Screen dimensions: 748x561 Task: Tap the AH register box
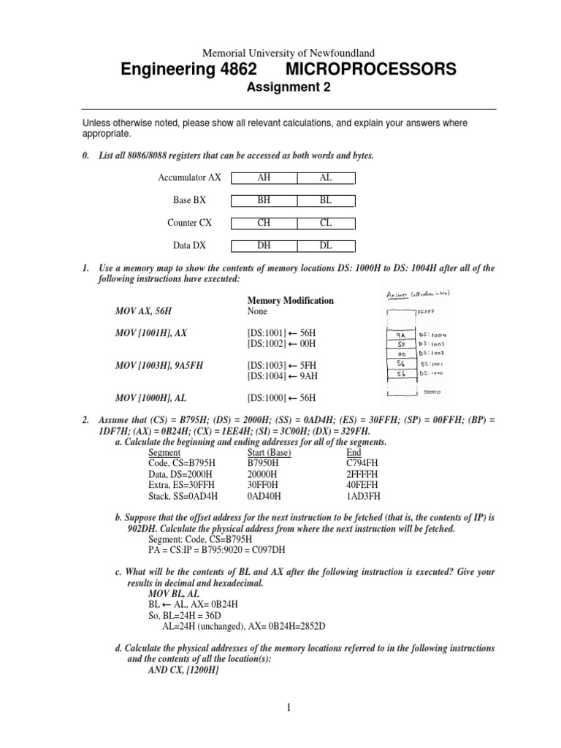[264, 178]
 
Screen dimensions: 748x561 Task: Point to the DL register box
[326, 247]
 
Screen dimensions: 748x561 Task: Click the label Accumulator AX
[189, 178]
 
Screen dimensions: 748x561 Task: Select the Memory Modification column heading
[291, 300]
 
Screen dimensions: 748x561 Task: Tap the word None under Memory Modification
[257, 311]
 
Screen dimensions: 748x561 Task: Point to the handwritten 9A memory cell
[400, 335]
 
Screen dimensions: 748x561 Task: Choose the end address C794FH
[364, 462]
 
